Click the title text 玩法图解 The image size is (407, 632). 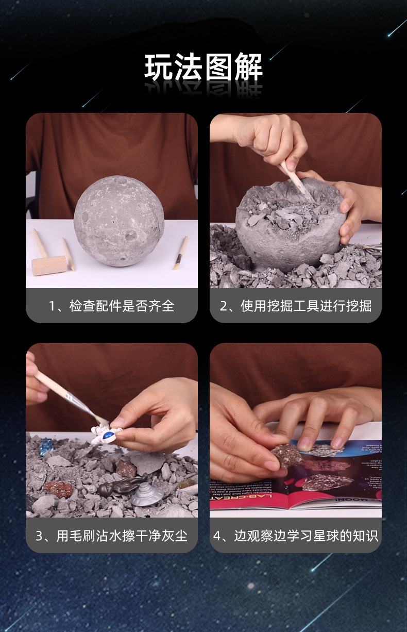click(x=203, y=68)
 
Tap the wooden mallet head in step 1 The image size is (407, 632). click(x=49, y=265)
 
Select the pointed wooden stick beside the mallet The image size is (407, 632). click(x=69, y=254)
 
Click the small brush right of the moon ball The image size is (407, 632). click(x=180, y=253)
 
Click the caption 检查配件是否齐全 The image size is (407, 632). click(x=112, y=306)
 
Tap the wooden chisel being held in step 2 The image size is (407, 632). click(x=296, y=180)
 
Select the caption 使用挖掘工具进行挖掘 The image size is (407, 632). click(x=296, y=306)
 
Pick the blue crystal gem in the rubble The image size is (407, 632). click(x=46, y=444)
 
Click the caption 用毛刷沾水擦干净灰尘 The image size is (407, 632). click(x=112, y=536)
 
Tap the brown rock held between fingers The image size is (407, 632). click(x=286, y=456)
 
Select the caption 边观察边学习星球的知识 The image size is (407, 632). click(x=296, y=536)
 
